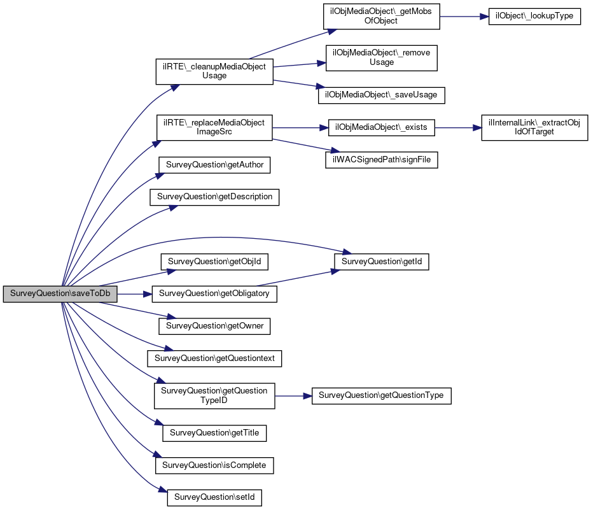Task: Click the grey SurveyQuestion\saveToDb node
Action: [x=60, y=294]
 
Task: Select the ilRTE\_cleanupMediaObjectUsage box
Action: [x=214, y=71]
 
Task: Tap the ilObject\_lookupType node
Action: [x=534, y=16]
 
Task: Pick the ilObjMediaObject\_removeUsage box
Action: [x=382, y=58]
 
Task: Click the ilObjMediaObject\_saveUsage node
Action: [x=382, y=95]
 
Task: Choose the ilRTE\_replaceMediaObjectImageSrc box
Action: [x=214, y=127]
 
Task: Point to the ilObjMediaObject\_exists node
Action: [x=382, y=127]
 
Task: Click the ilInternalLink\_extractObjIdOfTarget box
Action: [x=534, y=127]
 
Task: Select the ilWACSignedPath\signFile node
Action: [x=382, y=160]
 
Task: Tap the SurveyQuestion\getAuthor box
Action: [x=214, y=165]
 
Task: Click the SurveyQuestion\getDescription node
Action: [x=214, y=197]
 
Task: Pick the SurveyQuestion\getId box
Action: [x=382, y=262]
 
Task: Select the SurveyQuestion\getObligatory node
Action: [x=214, y=294]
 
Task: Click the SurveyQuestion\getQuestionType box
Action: [x=382, y=395]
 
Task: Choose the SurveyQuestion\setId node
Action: [x=214, y=497]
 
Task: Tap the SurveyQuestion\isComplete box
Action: [x=214, y=465]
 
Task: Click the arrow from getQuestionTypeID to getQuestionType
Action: [x=294, y=396]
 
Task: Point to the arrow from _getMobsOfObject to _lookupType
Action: [x=464, y=17]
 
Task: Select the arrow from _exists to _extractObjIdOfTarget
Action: [x=458, y=128]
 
